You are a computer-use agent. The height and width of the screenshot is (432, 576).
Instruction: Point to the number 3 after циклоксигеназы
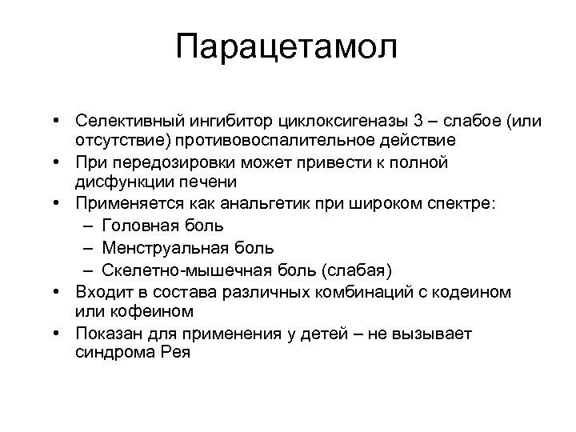click(x=418, y=121)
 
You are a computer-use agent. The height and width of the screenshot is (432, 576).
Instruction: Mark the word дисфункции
click(x=116, y=182)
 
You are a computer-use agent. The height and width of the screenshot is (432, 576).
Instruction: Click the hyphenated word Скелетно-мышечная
click(x=180, y=266)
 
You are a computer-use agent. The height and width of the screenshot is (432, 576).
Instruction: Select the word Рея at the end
click(x=174, y=350)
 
